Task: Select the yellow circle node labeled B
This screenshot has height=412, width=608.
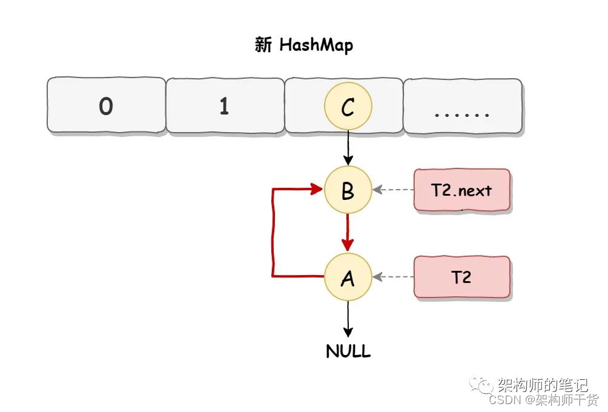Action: pyautogui.click(x=348, y=190)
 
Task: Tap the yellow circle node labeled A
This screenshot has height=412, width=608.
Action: pyautogui.click(x=348, y=278)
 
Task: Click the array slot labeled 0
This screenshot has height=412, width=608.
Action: pyautogui.click(x=106, y=107)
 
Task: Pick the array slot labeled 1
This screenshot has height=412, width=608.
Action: pyautogui.click(x=225, y=107)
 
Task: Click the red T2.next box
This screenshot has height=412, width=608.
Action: pyautogui.click(x=462, y=190)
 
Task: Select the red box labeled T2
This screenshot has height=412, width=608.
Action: pyautogui.click(x=462, y=277)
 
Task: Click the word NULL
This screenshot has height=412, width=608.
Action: pyautogui.click(x=348, y=351)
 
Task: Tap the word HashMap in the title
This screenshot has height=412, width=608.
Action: pyautogui.click(x=316, y=46)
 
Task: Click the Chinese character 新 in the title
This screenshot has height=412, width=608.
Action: pyautogui.click(x=263, y=46)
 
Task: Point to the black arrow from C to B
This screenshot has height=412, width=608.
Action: pyautogui.click(x=348, y=148)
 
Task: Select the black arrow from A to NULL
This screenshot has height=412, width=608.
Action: pyautogui.click(x=348, y=319)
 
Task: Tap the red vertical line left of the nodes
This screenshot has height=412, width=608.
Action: pyautogui.click(x=274, y=233)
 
